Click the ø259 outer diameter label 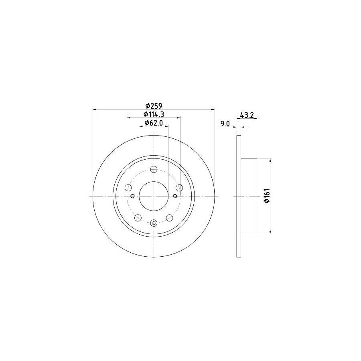(154, 106)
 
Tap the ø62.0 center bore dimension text (154, 123)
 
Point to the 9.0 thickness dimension (225, 124)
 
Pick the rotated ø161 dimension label (266, 196)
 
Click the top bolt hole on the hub (154, 169)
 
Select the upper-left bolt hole (128, 188)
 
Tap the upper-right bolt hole (179, 188)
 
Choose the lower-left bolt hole (138, 217)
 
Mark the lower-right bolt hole (169, 217)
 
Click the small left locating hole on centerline (132, 196)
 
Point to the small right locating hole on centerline (175, 196)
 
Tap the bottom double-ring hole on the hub (154, 223)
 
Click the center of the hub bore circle (154, 196)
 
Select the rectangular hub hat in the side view (249, 196)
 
